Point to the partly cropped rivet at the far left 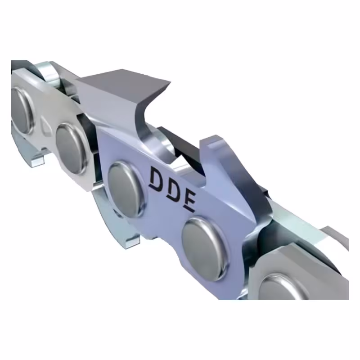point(20,108)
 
